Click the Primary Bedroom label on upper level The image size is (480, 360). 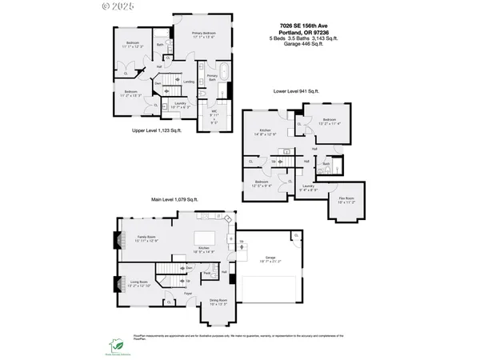(206, 34)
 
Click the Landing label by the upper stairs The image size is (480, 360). (189, 82)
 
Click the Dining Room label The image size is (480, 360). (218, 303)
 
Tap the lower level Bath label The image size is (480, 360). (326, 162)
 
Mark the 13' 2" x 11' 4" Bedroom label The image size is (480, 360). (329, 122)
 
